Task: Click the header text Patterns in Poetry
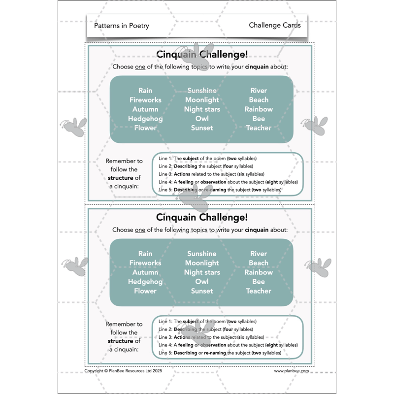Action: pos(121,26)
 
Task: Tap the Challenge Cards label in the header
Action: pos(274,25)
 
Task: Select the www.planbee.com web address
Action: pos(292,371)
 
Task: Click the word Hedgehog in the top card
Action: pos(145,119)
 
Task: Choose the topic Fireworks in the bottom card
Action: pos(145,263)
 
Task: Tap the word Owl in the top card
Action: pos(202,119)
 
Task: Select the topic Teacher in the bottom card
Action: pos(259,291)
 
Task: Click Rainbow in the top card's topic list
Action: pos(259,109)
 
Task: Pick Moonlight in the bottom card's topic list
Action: pos(202,263)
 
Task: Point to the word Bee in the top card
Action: pos(259,119)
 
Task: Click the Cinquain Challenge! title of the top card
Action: pos(201,54)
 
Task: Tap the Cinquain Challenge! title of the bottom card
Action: pos(201,217)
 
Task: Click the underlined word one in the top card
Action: pos(140,66)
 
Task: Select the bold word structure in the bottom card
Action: pos(121,341)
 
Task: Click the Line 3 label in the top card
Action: pos(165,174)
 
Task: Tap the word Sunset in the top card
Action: pos(202,128)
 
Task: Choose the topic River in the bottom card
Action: pos(259,254)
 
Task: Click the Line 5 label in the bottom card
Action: pos(165,353)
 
